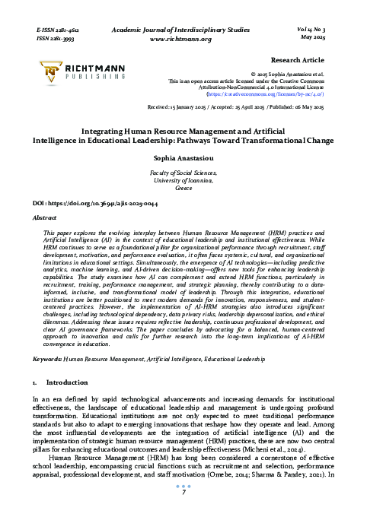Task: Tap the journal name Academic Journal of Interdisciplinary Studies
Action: pos(181,27)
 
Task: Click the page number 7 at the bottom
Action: pos(183,492)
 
